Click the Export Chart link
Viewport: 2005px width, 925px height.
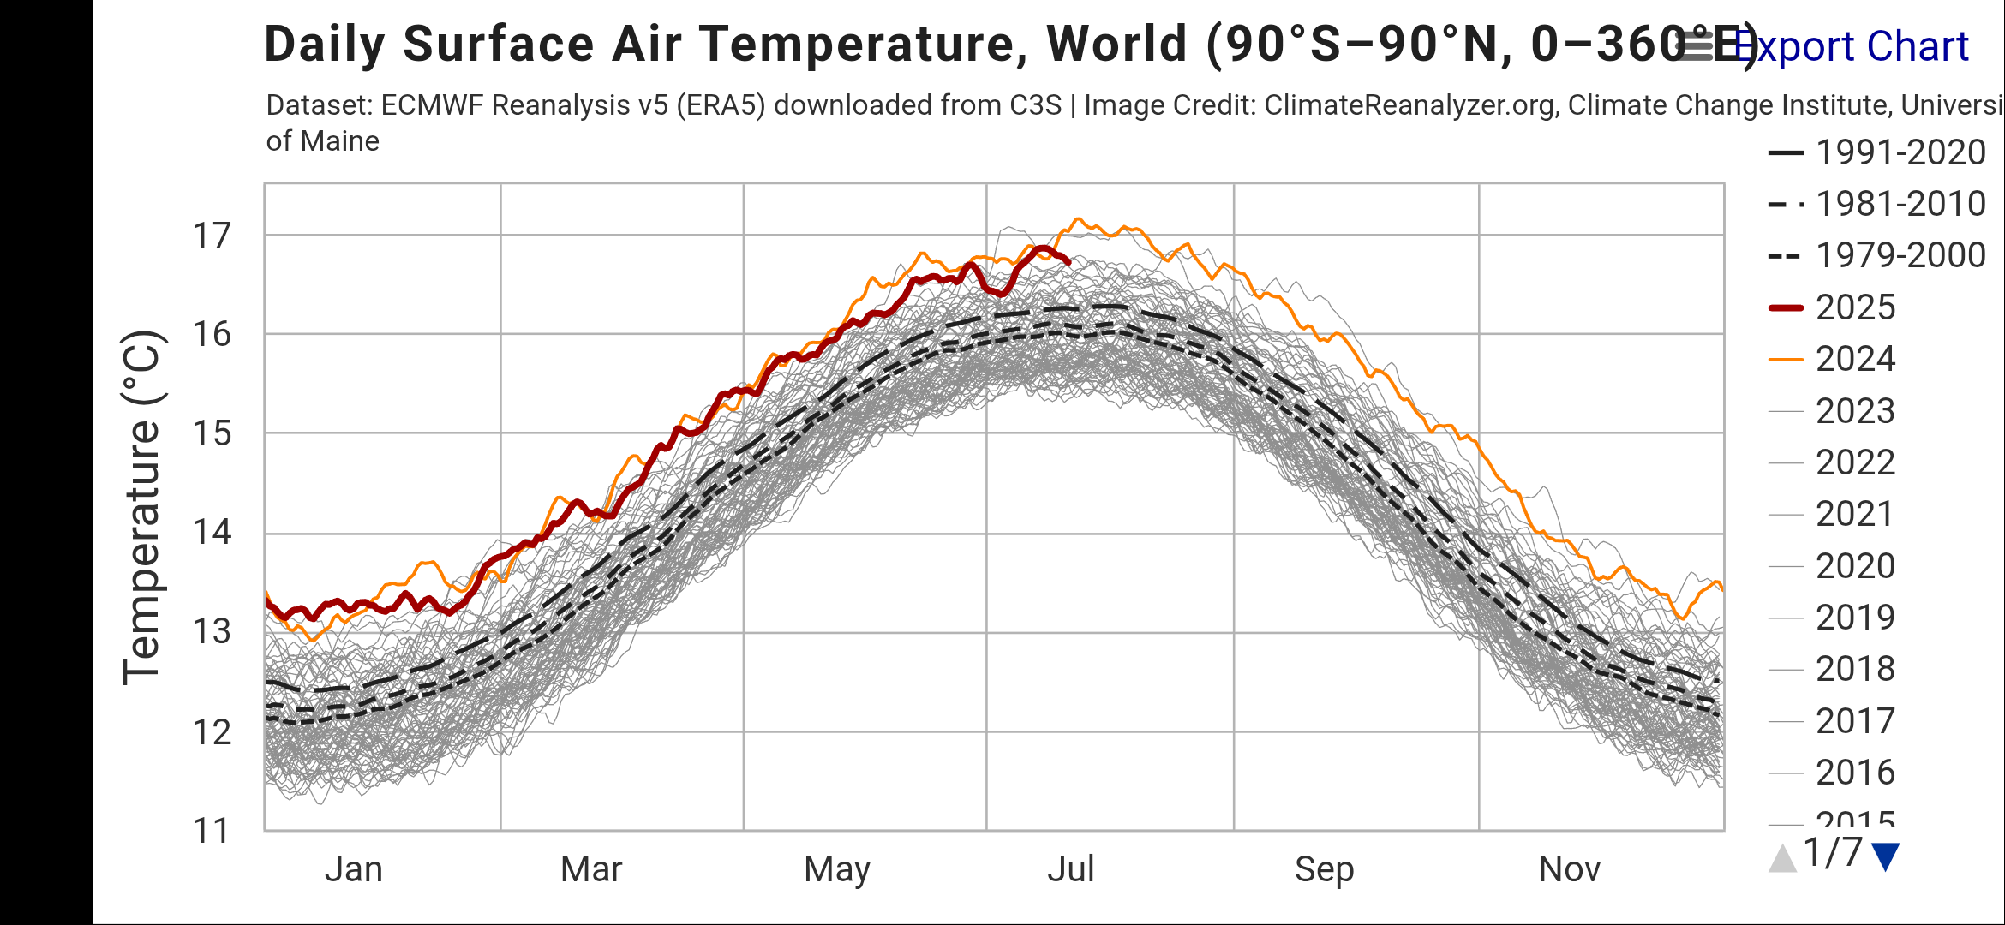pos(1851,46)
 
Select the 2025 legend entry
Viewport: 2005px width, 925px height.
pos(1855,307)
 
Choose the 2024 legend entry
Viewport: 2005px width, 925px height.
pos(1855,359)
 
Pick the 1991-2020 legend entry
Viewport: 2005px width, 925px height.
pos(1900,152)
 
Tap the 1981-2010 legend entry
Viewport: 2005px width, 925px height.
pos(1900,204)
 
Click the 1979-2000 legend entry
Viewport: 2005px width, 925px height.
pos(1900,255)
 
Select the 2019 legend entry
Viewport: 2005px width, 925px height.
pos(1855,618)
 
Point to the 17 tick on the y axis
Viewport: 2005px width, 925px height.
pos(211,236)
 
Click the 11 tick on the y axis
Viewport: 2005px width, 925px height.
pos(211,831)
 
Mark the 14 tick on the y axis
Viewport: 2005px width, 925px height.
pos(211,533)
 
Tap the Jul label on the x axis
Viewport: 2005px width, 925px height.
pos(1071,869)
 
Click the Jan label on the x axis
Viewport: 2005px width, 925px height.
pos(353,869)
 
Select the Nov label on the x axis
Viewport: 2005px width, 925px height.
pos(1569,869)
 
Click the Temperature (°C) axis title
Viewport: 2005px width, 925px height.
pos(142,507)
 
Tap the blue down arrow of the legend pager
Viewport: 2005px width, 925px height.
pos(1886,856)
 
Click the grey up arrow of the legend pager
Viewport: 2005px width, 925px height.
pos(1783,858)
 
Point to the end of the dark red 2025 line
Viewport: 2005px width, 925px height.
pos(1068,261)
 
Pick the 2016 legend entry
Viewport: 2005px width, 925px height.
pos(1855,773)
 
